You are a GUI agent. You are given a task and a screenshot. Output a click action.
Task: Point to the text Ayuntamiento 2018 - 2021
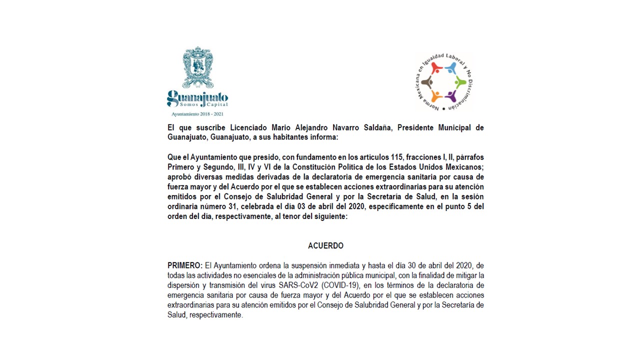197,114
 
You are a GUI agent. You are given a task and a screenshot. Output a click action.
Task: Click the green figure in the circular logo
460,82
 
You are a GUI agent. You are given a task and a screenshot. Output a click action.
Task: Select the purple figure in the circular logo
451,95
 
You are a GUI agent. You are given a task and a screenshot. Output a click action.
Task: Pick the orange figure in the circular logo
436,95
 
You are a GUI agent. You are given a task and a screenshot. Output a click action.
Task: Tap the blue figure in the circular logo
451,68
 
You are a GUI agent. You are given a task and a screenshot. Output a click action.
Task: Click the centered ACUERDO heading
325,246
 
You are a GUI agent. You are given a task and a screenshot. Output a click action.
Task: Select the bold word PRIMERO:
185,265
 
